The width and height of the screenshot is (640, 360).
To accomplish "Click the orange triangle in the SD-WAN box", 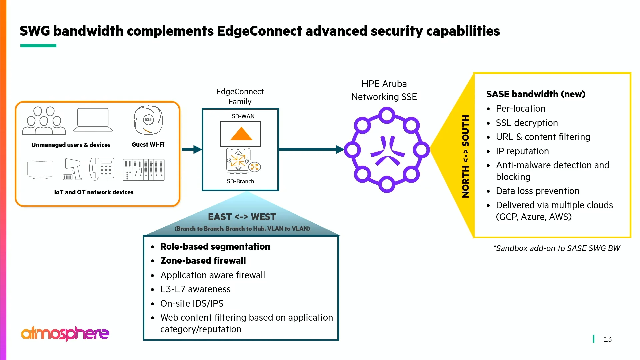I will pos(241,134).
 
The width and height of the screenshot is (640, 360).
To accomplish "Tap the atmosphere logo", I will pos(65,333).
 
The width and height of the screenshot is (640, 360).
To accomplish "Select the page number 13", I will pos(607,339).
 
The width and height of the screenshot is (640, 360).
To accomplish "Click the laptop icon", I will pos(93,120).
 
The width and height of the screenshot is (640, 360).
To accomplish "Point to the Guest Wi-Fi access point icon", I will pos(148,120).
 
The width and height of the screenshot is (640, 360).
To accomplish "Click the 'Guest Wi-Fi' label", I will pos(148,145).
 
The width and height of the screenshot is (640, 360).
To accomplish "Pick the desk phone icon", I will pos(102,169).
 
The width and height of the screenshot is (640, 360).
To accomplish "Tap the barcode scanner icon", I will pos(73,169).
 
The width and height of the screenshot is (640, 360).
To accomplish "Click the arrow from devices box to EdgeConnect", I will pos(192,150).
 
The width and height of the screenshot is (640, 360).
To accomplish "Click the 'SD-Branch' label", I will pos(240,181).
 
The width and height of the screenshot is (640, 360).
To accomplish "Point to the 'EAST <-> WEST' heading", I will pos(242,217).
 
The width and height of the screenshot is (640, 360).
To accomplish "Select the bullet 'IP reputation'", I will pos(522,151).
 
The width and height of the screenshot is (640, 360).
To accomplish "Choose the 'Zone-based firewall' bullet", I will pos(203,261).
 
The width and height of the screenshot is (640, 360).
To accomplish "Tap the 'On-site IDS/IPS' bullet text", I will pos(192,304).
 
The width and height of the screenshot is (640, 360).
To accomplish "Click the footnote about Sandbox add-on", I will pos(556,248).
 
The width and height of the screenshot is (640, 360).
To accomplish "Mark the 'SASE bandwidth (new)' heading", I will pos(536,94).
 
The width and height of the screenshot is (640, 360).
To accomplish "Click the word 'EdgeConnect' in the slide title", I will pos(259,31).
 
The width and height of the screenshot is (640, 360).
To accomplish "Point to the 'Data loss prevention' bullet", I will pos(537,191).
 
